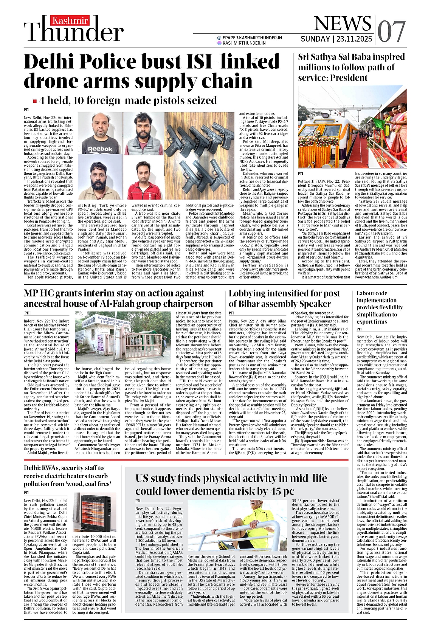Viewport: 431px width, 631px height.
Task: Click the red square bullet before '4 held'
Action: [35, 101]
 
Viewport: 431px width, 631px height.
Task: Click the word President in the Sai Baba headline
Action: [349, 78]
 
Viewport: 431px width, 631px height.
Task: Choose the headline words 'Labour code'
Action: [372, 293]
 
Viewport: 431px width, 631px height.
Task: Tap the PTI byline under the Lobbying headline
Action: [231, 313]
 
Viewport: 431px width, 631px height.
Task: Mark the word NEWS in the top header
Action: [342, 23]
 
